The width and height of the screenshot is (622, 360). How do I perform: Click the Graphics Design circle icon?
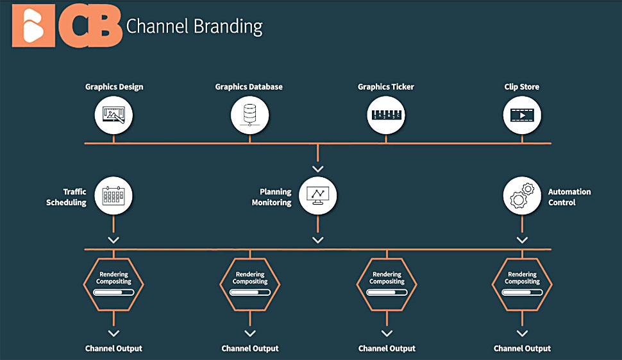113,115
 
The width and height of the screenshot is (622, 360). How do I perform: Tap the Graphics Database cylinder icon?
249,115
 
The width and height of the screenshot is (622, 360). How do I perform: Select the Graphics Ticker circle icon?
386,115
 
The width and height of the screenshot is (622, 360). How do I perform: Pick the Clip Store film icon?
522,115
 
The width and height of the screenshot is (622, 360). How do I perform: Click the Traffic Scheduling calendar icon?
113,196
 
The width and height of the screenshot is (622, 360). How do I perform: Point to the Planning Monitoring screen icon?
318,196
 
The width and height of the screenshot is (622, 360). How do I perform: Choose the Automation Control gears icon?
522,196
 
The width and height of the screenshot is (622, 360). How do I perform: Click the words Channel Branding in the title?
194,26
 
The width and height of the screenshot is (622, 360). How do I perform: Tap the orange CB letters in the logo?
90,26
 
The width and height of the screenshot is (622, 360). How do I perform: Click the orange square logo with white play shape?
34,26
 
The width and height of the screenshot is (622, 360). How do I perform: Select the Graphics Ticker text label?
386,87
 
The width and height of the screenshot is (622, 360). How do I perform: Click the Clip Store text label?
521,87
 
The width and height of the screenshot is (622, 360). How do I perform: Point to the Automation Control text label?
569,197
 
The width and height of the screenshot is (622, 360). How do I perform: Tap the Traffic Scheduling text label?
66,197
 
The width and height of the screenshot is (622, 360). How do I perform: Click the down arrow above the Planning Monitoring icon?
318,169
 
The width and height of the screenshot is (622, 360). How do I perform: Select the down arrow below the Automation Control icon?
522,240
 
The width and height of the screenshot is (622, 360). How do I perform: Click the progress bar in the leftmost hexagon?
113,293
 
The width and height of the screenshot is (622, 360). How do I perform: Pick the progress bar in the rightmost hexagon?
522,293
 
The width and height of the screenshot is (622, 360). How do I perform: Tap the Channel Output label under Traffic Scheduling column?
113,348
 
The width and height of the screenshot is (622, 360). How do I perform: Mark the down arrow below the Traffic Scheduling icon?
113,240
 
